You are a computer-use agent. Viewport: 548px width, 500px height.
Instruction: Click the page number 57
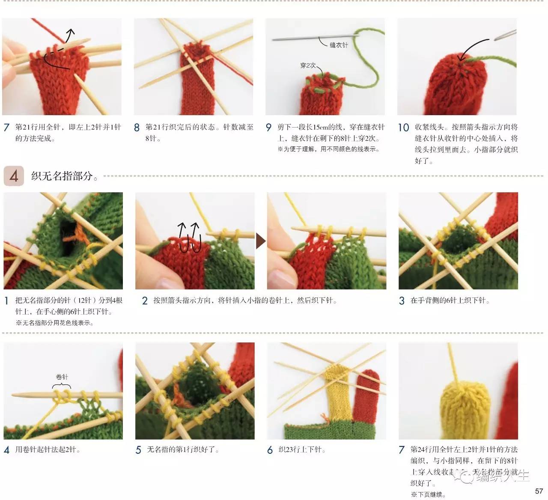(539, 491)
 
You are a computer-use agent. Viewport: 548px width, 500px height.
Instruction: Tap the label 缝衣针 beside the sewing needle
(339, 45)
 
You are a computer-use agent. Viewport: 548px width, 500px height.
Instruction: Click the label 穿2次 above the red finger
(307, 65)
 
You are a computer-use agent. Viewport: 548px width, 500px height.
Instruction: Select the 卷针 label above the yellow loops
(62, 377)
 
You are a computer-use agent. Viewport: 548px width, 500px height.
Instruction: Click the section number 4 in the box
(14, 176)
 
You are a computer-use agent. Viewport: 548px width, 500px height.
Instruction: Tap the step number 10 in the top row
(403, 128)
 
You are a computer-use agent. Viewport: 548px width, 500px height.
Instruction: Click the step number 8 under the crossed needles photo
(137, 128)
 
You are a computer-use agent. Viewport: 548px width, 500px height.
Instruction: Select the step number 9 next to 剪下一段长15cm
(268, 128)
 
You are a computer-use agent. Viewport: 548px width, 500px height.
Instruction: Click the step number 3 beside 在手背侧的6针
(402, 301)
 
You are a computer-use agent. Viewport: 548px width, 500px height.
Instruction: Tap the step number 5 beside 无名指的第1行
(138, 450)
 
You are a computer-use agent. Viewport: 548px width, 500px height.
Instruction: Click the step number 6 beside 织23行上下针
(270, 450)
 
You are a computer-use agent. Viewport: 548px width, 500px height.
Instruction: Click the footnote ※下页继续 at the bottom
(428, 494)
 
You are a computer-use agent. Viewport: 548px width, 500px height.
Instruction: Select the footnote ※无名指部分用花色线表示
(55, 323)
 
